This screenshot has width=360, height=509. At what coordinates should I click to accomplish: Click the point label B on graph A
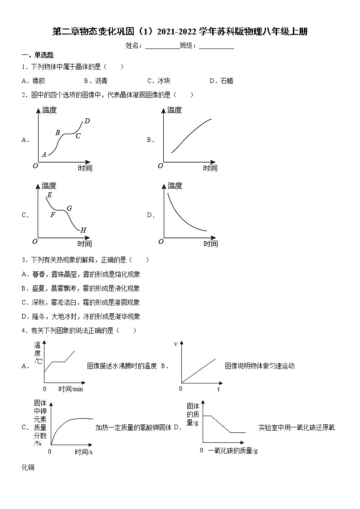point(58,133)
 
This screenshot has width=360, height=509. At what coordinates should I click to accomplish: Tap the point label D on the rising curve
point(87,121)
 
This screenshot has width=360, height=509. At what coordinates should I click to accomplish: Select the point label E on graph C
point(49,195)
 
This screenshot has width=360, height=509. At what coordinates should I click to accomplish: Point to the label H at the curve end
point(83,230)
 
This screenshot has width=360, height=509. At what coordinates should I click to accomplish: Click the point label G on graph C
point(69,208)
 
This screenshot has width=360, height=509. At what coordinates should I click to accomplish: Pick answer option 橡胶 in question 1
point(35,81)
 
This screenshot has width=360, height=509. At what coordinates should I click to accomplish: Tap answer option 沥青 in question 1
point(97,81)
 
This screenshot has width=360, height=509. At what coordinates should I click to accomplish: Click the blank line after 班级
point(216,46)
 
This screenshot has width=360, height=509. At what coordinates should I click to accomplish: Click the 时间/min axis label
point(71,389)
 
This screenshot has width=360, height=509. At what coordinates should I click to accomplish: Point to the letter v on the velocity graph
point(176,344)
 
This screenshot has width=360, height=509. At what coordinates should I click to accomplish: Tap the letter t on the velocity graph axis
point(218,389)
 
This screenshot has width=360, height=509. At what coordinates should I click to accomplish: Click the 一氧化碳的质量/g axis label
point(233,450)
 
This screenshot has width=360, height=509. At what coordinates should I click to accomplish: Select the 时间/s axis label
point(84,452)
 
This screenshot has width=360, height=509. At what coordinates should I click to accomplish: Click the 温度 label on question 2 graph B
point(175,110)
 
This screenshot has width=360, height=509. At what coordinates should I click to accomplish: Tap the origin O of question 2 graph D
point(161,242)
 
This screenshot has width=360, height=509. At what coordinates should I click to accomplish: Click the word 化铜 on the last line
point(28,467)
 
